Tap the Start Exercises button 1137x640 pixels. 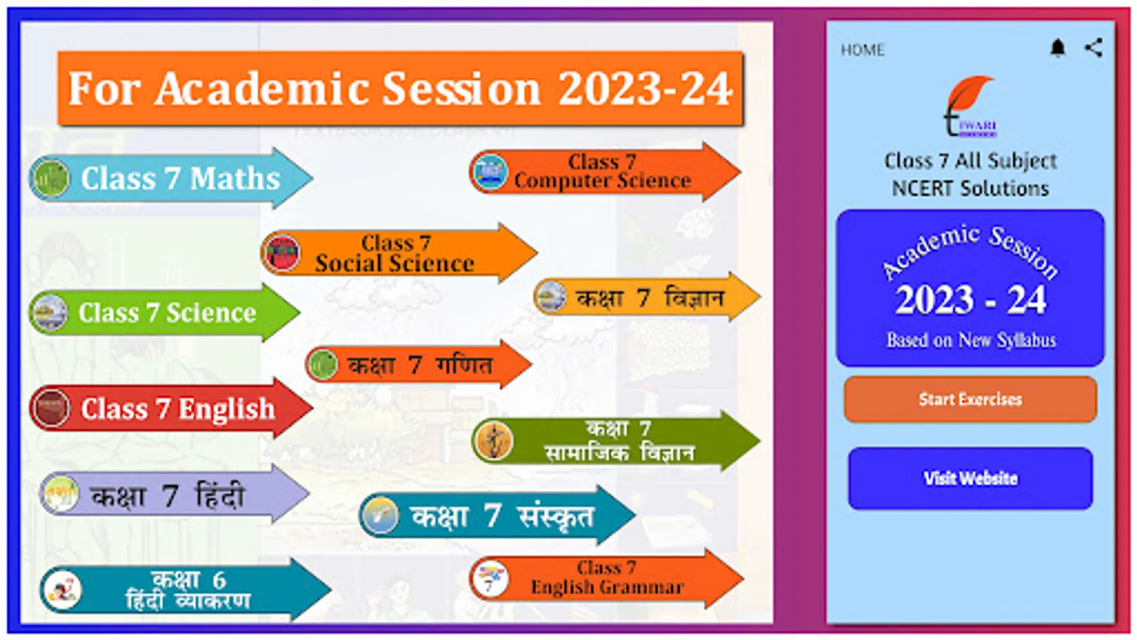[x=970, y=399]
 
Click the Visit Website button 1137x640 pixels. [x=970, y=478]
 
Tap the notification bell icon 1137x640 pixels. [x=1058, y=48]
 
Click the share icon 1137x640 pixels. [x=1094, y=48]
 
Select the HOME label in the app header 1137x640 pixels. [x=863, y=50]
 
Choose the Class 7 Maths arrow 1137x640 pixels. [x=171, y=178]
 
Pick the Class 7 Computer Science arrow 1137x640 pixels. [x=605, y=171]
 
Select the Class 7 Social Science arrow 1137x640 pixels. [x=399, y=253]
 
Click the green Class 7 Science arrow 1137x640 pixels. [x=164, y=312]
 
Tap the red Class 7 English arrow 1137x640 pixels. [x=171, y=408]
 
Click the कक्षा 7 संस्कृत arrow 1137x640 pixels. [x=497, y=516]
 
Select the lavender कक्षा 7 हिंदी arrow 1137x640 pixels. [x=175, y=494]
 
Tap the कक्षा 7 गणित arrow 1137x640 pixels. [x=419, y=364]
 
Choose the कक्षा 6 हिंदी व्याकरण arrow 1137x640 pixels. [x=185, y=590]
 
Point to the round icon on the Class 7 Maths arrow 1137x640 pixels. [x=49, y=178]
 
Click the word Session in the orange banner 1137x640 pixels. [x=460, y=89]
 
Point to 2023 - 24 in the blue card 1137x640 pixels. [x=971, y=299]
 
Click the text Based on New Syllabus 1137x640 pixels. [x=971, y=340]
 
